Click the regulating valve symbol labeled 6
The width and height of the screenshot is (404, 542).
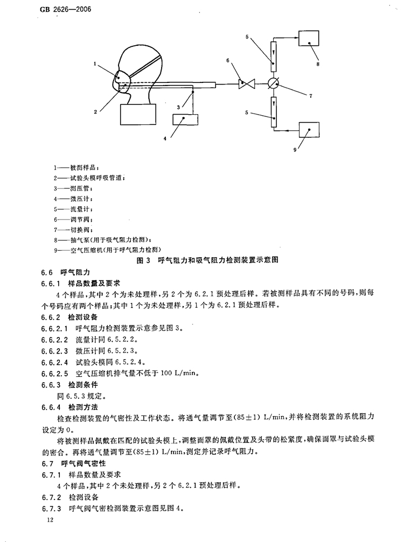[247, 83]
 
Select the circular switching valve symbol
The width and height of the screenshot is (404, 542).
[274, 83]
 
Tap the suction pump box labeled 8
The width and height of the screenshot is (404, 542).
[309, 38]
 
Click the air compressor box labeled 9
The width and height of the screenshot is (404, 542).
[309, 130]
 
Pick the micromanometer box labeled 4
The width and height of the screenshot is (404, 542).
[185, 119]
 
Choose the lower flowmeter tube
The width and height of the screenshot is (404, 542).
[274, 112]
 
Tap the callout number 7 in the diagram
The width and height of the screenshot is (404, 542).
[311, 96]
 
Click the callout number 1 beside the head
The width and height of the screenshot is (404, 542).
[95, 64]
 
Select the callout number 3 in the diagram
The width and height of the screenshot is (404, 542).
[178, 107]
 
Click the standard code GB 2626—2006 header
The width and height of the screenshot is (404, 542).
[63, 9]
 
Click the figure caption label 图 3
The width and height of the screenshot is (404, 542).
[143, 261]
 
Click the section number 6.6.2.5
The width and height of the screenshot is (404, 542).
[54, 374]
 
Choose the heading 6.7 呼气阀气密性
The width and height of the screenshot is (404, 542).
[73, 463]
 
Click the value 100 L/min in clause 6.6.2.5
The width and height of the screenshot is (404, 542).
[179, 374]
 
